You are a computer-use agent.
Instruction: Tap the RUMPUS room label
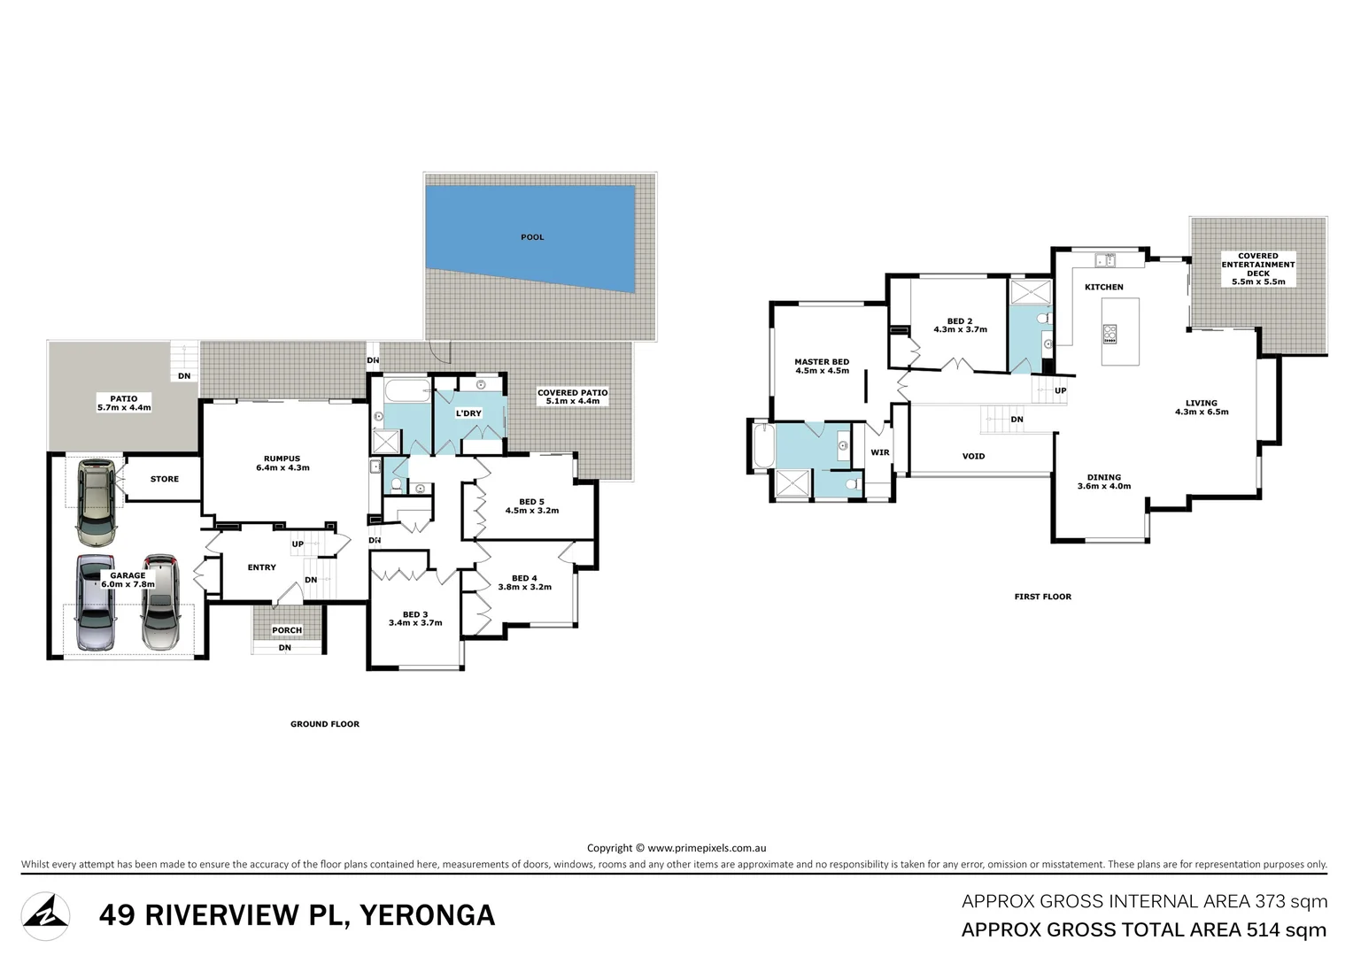282,459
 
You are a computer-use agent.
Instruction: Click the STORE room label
165,479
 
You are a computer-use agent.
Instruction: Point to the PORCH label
287,630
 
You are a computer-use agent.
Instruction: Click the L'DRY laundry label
468,413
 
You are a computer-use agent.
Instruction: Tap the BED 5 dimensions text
532,511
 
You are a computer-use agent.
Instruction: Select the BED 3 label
415,614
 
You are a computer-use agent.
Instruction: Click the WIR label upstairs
880,452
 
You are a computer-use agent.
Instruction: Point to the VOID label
974,456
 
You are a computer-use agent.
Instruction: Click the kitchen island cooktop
1110,334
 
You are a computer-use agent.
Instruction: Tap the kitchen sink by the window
1106,260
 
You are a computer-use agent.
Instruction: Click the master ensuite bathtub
763,445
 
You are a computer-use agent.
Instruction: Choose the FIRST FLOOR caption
1042,596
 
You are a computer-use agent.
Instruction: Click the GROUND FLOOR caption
325,723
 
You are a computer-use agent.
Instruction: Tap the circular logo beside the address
45,916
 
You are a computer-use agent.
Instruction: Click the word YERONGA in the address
428,915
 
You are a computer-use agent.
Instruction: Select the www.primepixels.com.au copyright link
707,848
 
